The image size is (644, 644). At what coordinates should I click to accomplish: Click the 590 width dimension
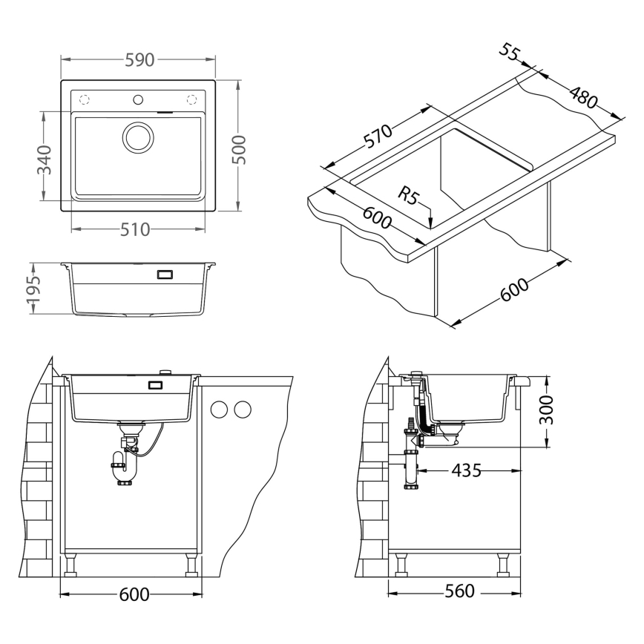coord(138,61)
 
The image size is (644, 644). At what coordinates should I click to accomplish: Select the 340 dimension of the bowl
coord(44,159)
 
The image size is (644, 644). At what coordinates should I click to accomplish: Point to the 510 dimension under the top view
coord(136,229)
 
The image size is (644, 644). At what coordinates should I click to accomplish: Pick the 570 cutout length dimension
coord(378,139)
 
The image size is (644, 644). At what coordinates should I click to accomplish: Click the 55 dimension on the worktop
coord(509,53)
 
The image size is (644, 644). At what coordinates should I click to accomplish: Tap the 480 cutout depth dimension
coord(582,97)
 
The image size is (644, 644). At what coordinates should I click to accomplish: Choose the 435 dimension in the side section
coord(466,470)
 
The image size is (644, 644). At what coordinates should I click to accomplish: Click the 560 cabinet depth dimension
coord(460,592)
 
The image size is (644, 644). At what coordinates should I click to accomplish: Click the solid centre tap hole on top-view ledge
coord(137,99)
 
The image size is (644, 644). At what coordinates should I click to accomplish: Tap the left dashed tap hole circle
coord(84,99)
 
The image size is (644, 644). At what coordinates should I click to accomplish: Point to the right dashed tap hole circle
coord(192,99)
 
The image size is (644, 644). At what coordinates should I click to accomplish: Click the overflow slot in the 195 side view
coord(164,275)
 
